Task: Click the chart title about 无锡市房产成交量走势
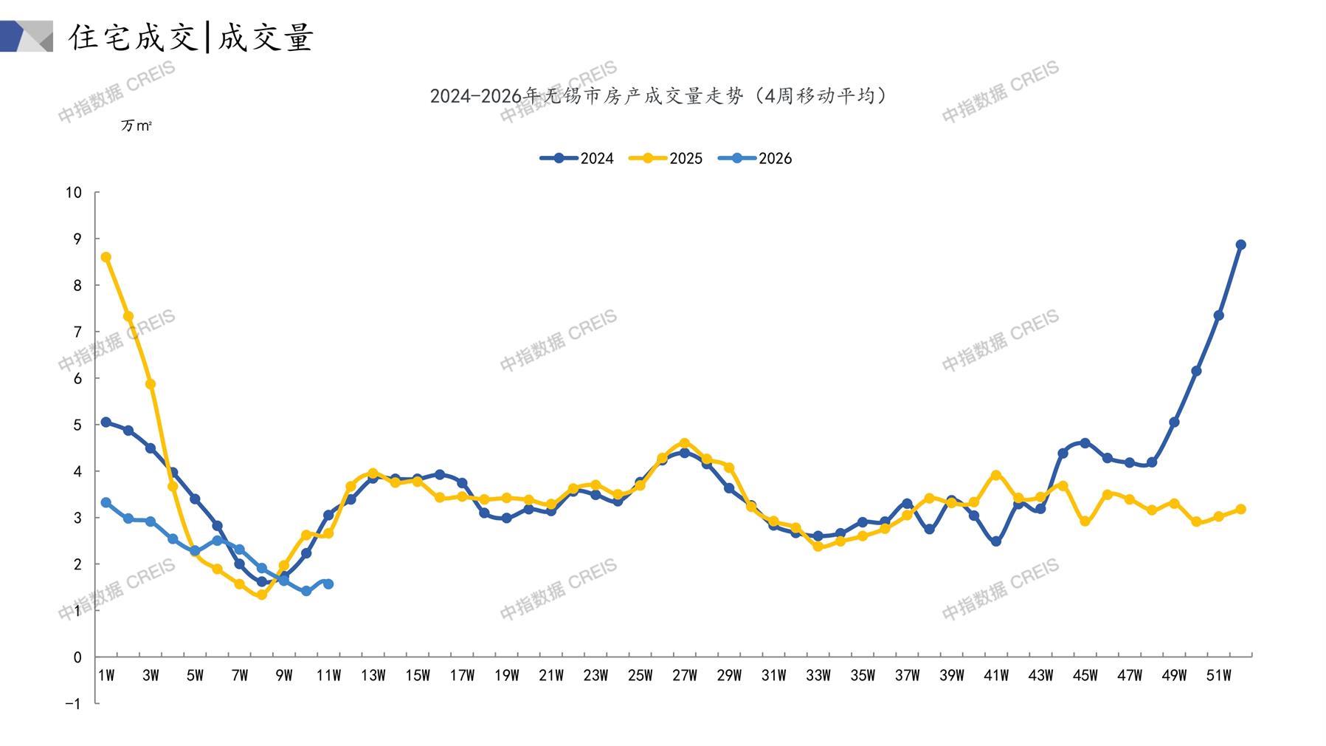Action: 658,96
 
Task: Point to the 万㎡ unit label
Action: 137,126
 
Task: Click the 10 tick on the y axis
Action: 73,193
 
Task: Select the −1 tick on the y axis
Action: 73,704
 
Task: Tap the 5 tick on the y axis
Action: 77,425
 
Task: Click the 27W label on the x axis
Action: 685,675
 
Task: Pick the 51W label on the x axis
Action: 1218,675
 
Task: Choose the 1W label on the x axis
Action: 106,675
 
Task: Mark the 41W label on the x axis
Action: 996,675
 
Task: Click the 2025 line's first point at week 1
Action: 106,257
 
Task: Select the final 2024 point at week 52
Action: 1240,244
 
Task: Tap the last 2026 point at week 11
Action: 328,584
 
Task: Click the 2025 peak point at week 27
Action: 685,443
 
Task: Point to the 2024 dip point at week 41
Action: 996,541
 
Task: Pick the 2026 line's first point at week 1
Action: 106,502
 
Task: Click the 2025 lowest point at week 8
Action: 261,595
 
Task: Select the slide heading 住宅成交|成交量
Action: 192,37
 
